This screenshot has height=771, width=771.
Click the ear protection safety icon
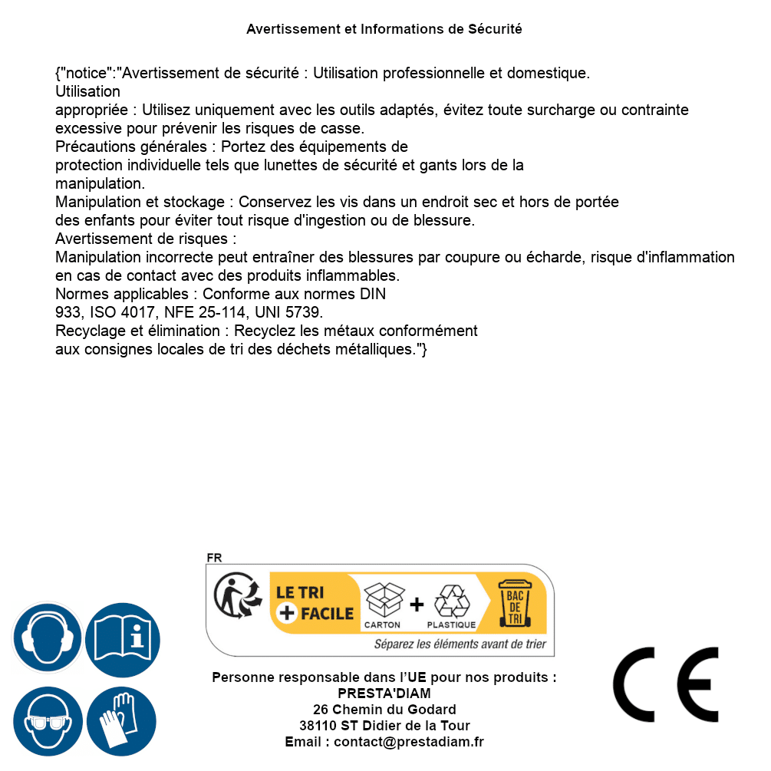48,638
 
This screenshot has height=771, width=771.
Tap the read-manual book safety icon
122,638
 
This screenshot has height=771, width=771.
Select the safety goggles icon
48,722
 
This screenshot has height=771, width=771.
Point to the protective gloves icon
122,722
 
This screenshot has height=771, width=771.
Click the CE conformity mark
666,684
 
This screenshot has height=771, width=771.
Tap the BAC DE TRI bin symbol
515,604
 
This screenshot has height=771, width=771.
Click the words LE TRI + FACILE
315,603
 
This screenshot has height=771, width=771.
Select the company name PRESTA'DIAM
384,694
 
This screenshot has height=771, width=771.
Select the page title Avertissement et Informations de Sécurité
384,29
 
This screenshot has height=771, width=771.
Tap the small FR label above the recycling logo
214,558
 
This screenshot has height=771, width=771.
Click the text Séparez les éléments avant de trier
460,644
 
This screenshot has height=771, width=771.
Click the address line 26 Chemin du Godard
384,710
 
